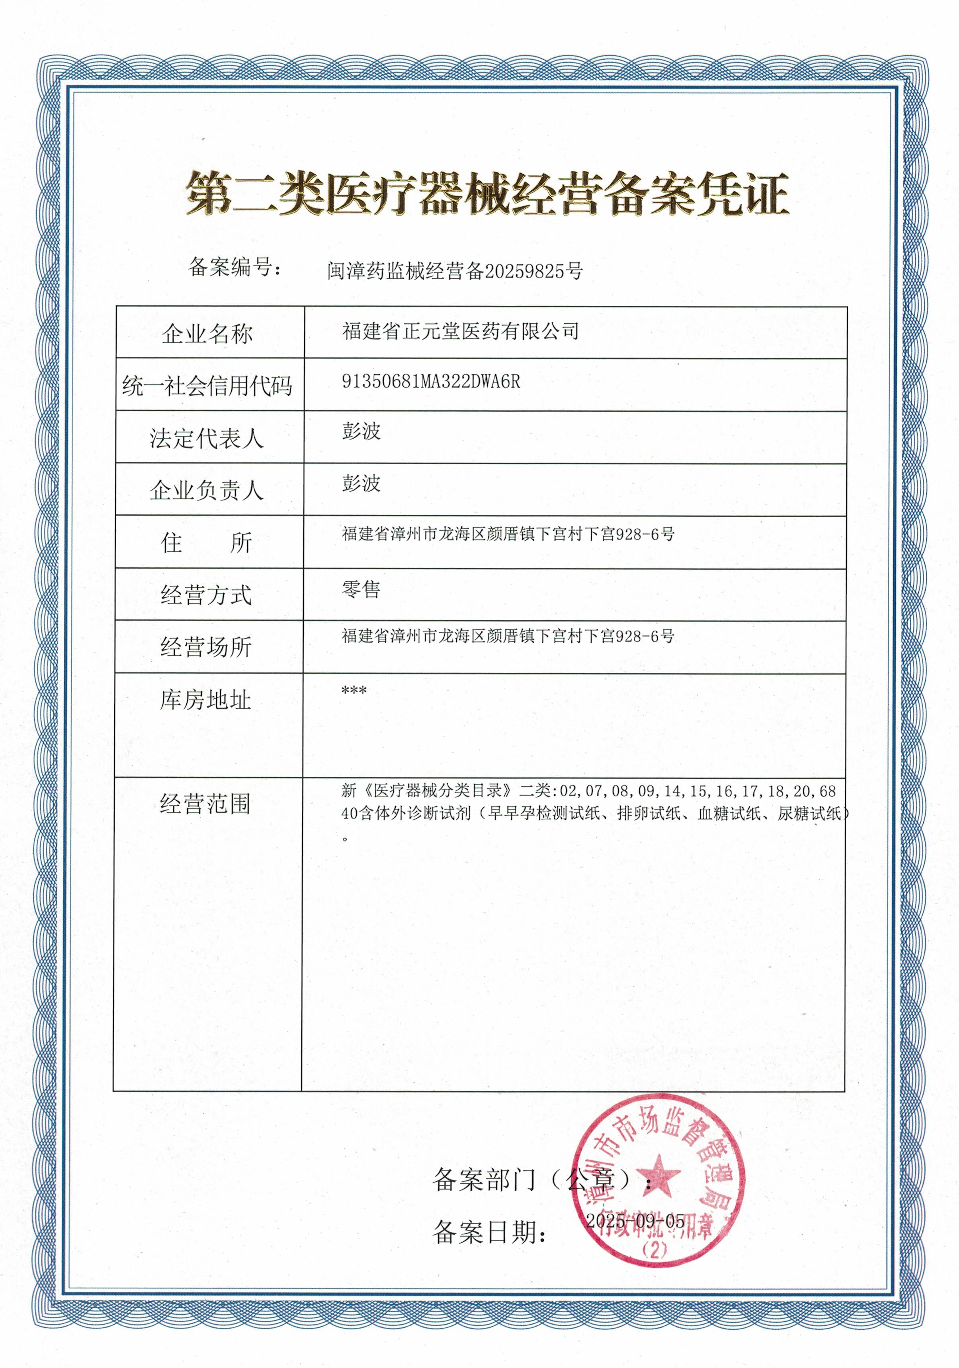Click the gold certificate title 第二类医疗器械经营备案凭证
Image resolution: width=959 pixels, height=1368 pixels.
pos(486,193)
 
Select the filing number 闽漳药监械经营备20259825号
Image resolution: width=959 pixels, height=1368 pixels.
pos(455,271)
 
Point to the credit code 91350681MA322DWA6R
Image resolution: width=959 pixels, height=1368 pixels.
pos(431,382)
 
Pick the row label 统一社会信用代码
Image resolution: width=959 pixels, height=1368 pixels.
pos(207,386)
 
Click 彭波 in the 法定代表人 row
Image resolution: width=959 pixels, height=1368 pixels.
pos(361,431)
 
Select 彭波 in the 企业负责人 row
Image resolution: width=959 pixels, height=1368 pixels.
pos(361,483)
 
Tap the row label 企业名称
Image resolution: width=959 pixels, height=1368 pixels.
pos(207,334)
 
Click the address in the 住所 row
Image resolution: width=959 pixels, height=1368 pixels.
pos(508,534)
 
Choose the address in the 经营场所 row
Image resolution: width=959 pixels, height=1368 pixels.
pos(508,636)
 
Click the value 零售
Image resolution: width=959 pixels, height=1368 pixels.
pos(361,589)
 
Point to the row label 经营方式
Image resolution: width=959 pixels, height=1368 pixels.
pos(207,595)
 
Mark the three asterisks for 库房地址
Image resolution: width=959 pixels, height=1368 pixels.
pos(354,690)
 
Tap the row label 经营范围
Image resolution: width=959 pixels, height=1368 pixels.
pos(205,804)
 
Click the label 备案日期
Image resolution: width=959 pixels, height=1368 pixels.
pos(490,1232)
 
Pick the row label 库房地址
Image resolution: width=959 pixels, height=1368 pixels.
pos(205,700)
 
